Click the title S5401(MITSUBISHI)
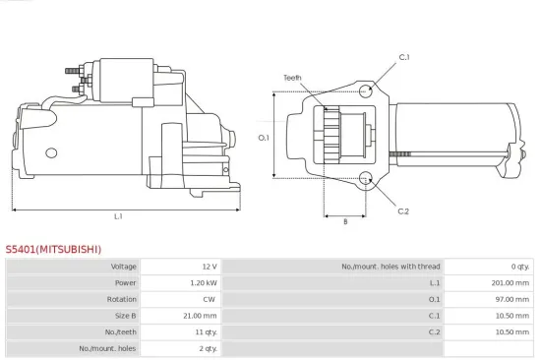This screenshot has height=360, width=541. pyautogui.click(x=53, y=250)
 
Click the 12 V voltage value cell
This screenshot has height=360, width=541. pyautogui.click(x=208, y=267)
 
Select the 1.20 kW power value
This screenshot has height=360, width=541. pyautogui.click(x=203, y=283)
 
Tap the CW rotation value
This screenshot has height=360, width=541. pyautogui.click(x=210, y=299)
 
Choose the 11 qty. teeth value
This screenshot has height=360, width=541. pyautogui.click(x=204, y=332)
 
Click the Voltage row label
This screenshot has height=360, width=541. pyautogui.click(x=123, y=267)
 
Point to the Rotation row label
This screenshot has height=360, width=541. pyautogui.click(x=122, y=299)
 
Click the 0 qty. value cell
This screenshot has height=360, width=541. pyautogui.click(x=520, y=267)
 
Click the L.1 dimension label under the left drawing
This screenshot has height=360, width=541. pyautogui.click(x=118, y=216)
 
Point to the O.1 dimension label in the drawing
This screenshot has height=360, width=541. pyautogui.click(x=264, y=137)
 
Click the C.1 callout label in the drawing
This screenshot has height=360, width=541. pyautogui.click(x=403, y=58)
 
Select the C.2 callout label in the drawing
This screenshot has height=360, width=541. pyautogui.click(x=403, y=210)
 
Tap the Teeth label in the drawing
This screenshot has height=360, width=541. pyautogui.click(x=292, y=77)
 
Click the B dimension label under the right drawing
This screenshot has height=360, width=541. pyautogui.click(x=344, y=221)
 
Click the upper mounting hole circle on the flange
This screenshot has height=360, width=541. pyautogui.click(x=367, y=91)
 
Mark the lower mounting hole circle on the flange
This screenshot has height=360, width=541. pyautogui.click(x=367, y=179)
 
